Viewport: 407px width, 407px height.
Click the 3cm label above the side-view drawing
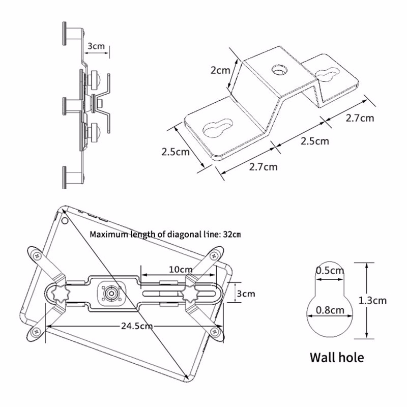[x=96, y=46]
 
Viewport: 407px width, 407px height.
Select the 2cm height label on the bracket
[x=221, y=70]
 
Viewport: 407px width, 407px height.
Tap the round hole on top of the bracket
[x=279, y=70]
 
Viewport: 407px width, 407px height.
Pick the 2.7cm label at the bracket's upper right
[x=360, y=118]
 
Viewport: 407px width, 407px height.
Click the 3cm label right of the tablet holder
[x=246, y=294]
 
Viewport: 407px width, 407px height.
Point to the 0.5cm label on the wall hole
[x=330, y=271]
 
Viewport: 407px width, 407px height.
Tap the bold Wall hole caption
[x=337, y=357]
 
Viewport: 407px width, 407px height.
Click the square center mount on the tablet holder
[x=110, y=294]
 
